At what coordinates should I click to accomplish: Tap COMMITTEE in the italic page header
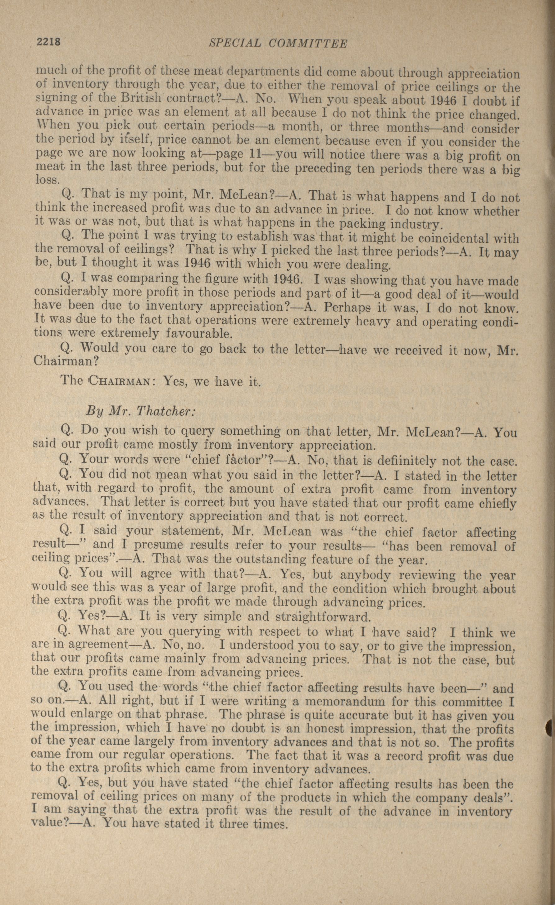tap(307, 44)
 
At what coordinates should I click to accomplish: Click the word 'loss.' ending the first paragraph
tap(47, 180)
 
